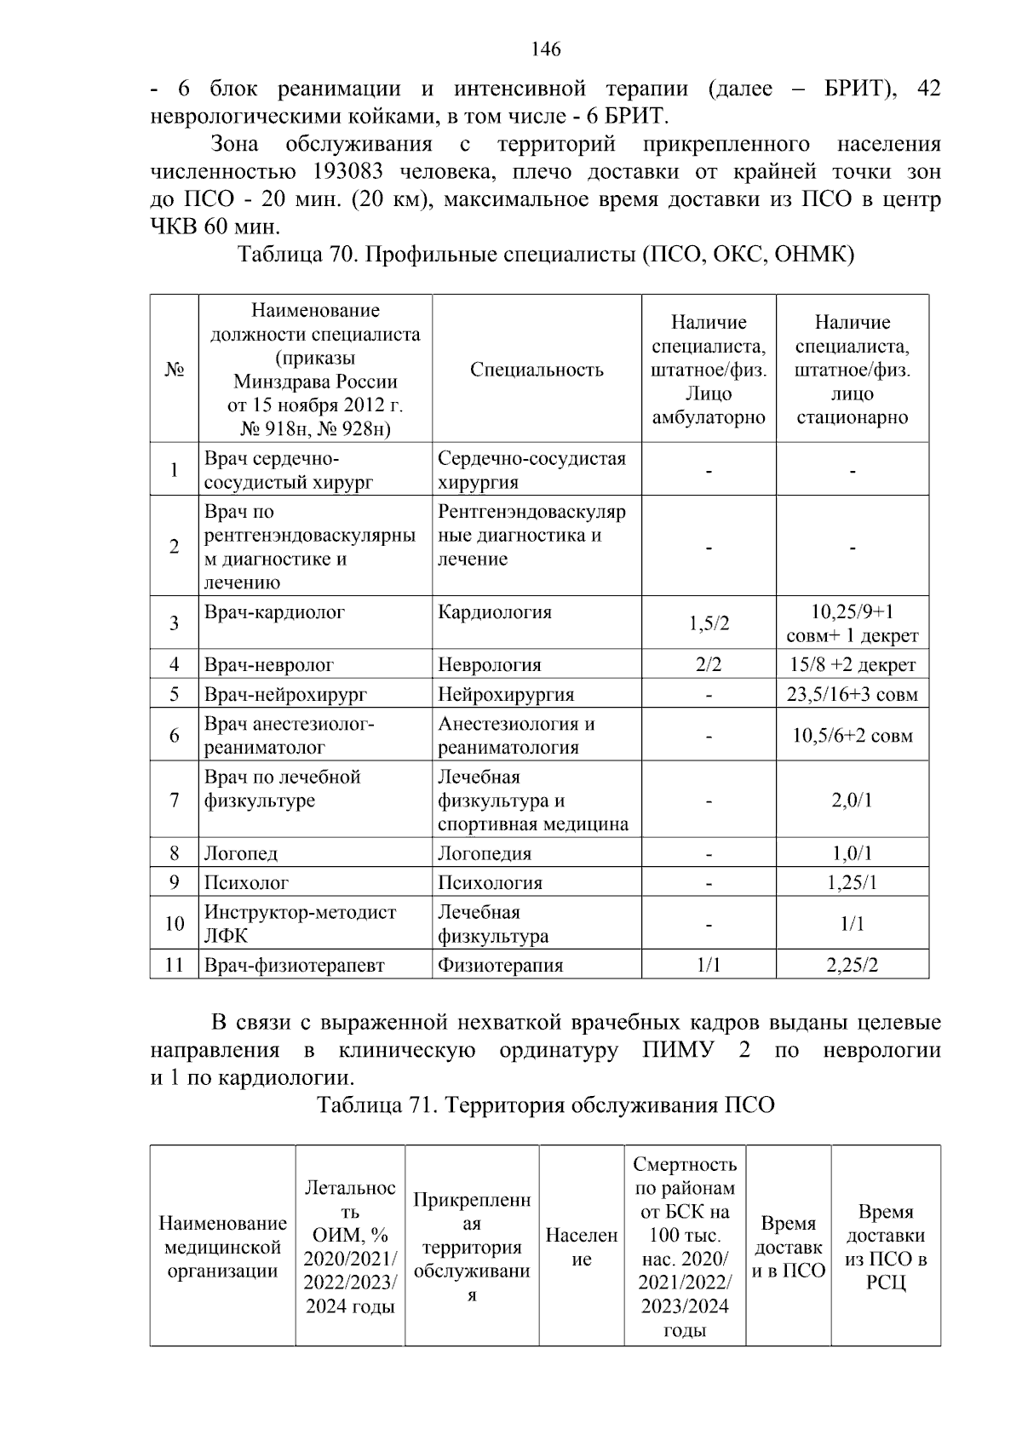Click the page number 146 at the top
point(546,49)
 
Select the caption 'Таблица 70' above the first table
point(294,255)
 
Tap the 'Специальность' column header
point(537,370)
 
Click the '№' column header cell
point(175,370)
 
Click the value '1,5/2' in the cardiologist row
point(709,623)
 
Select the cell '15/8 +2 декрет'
point(852,665)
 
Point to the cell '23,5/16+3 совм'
point(852,694)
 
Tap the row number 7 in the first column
point(175,800)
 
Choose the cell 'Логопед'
point(241,853)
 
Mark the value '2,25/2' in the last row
point(852,966)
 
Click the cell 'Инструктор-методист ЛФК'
point(300,924)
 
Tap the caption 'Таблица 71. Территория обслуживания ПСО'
point(546,1105)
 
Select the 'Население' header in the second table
point(582,1247)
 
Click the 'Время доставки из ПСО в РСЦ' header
point(886,1247)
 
